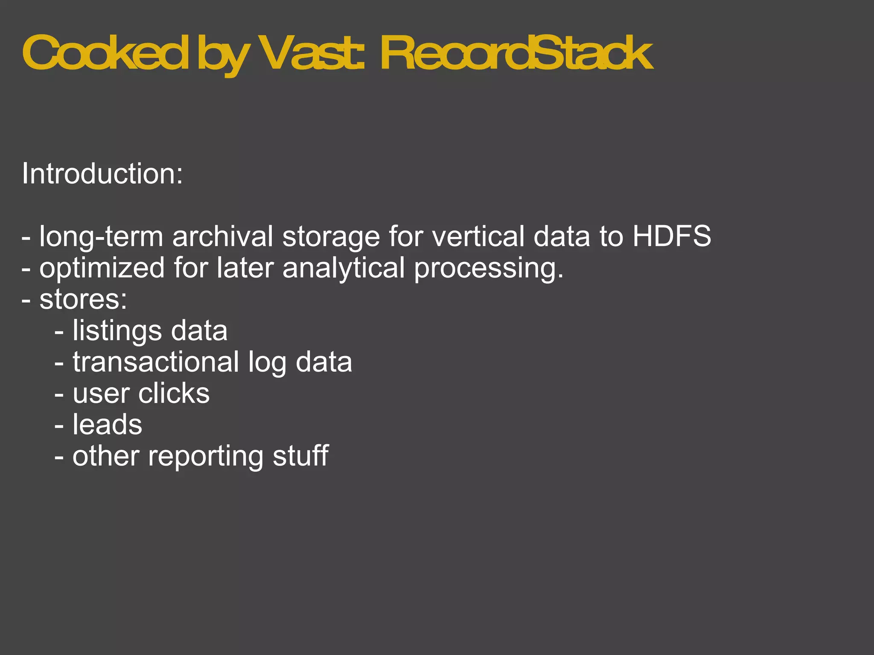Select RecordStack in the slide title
click(x=516, y=53)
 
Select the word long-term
click(x=101, y=237)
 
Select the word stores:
click(x=83, y=299)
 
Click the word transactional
click(x=156, y=362)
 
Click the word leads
click(x=107, y=425)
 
